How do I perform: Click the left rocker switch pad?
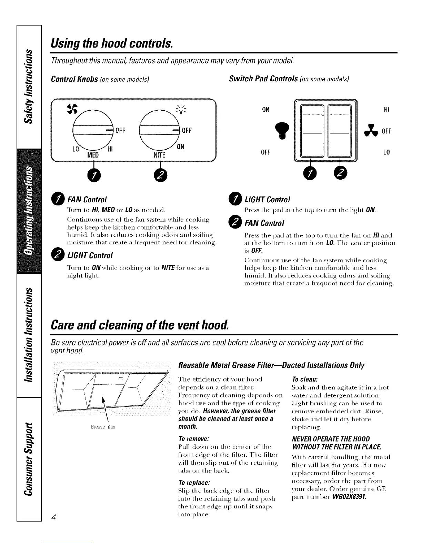click(312, 132)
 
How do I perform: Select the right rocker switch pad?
click(340, 132)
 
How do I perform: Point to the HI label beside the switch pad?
click(386, 110)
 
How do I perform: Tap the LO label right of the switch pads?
click(386, 152)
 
